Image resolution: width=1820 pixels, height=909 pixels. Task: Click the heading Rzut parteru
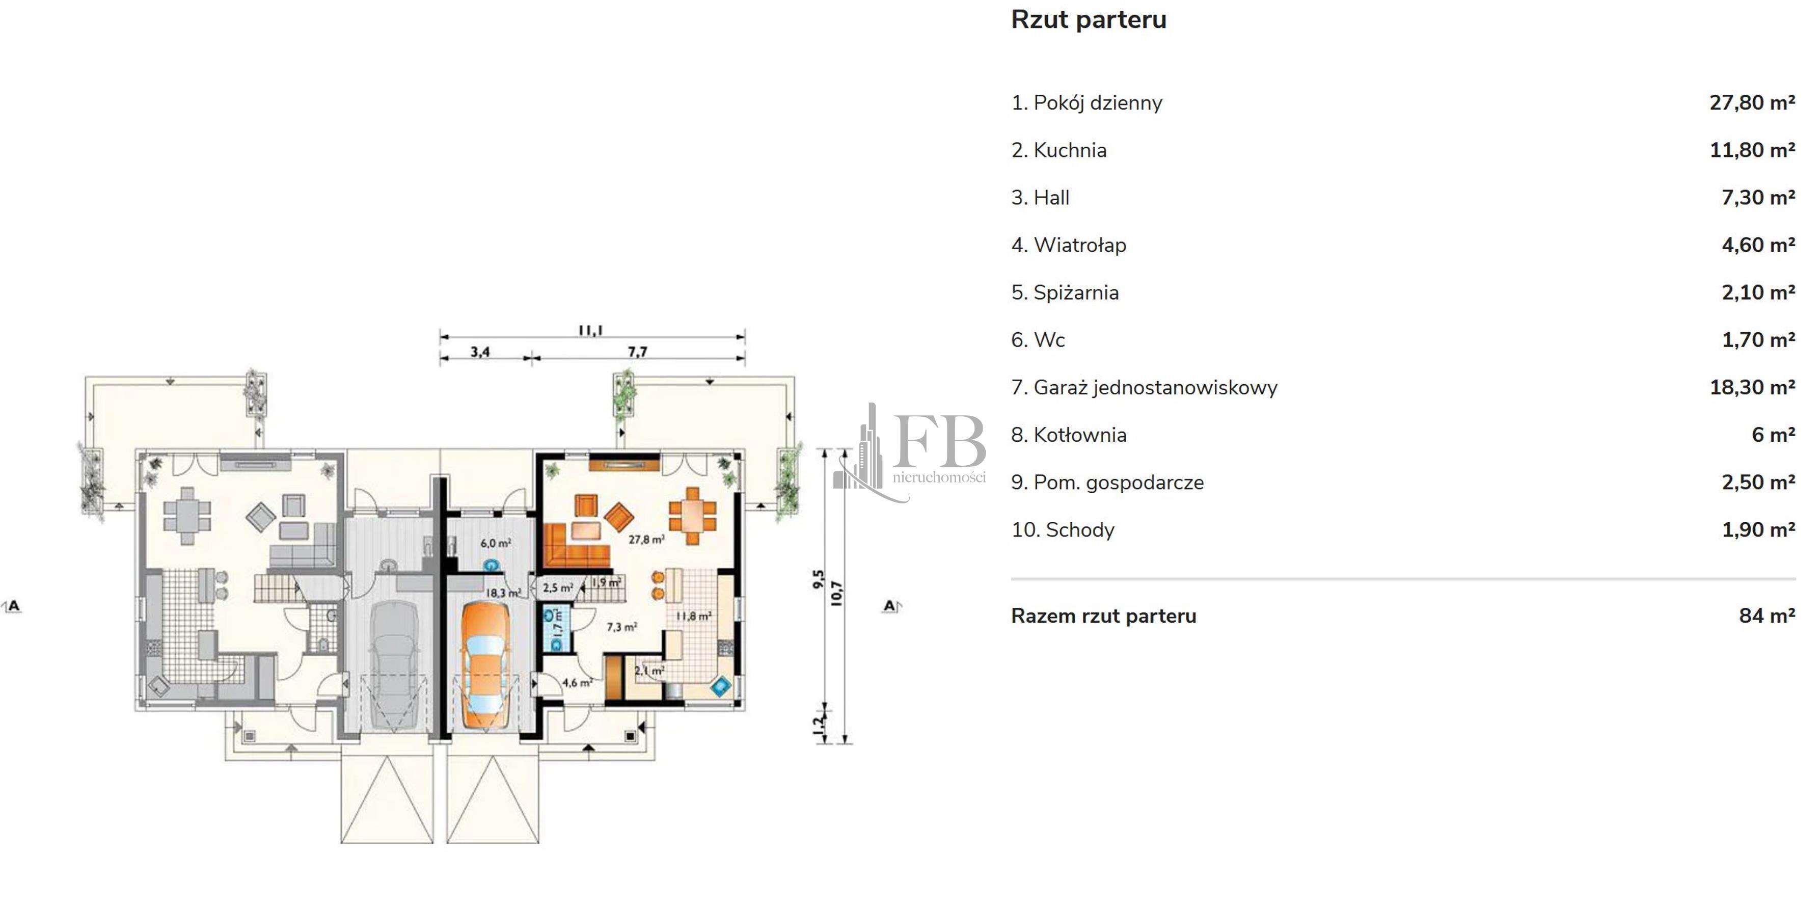[1088, 20]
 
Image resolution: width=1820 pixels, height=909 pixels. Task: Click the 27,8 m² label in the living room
[646, 539]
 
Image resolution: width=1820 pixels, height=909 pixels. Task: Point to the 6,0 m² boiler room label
[495, 544]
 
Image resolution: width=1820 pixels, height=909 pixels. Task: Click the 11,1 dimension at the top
[591, 330]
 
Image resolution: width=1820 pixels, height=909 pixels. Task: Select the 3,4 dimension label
[480, 351]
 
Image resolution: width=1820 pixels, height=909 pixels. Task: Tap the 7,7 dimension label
[637, 351]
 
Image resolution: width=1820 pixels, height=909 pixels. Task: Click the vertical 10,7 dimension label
[836, 593]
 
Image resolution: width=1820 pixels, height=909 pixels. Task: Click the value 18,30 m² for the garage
[1752, 387]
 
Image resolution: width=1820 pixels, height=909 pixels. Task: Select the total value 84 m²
[1767, 616]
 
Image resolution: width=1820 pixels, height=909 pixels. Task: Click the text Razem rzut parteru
[1104, 616]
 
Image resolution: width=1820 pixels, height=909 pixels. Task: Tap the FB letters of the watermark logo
[940, 441]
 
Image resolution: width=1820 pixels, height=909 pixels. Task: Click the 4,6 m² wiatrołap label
[577, 683]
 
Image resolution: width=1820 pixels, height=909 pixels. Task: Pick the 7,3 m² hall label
[622, 627]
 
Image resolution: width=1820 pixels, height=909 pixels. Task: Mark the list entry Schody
[1063, 530]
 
